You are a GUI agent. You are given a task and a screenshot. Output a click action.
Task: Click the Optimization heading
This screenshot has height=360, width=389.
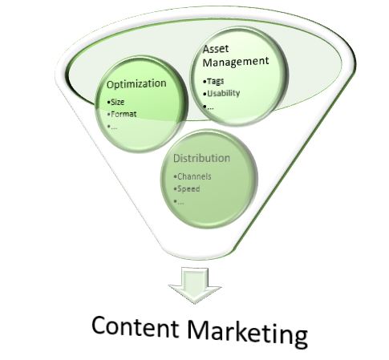tap(136, 84)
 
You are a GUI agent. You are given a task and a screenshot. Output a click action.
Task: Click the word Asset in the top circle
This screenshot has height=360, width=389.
tap(216, 49)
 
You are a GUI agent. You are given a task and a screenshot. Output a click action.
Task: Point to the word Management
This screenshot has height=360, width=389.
tap(236, 62)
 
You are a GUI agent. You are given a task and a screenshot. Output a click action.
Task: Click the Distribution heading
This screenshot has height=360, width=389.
tap(201, 158)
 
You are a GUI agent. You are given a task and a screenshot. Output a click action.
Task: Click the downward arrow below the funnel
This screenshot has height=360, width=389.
tap(195, 285)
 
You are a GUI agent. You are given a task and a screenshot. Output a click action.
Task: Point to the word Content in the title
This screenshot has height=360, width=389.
tap(136, 326)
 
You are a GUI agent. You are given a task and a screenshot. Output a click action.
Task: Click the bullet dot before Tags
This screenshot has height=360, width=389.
tap(205, 82)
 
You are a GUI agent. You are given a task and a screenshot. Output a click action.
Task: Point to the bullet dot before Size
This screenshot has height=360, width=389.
tap(108, 103)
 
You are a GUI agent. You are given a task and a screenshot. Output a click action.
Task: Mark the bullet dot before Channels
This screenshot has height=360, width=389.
tap(175, 176)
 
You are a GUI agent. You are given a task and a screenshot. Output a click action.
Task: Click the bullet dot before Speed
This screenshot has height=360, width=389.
tap(175, 189)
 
